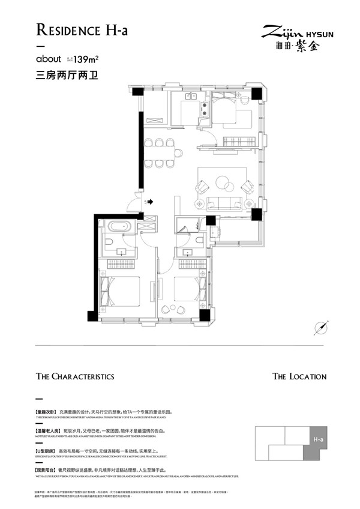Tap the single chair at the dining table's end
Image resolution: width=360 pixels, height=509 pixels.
(179, 152)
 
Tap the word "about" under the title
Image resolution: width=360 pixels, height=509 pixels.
(49, 59)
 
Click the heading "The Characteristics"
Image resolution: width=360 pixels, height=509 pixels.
(75, 376)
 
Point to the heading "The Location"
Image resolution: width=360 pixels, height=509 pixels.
(299, 376)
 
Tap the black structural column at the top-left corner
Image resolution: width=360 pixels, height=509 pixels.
(137, 92)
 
